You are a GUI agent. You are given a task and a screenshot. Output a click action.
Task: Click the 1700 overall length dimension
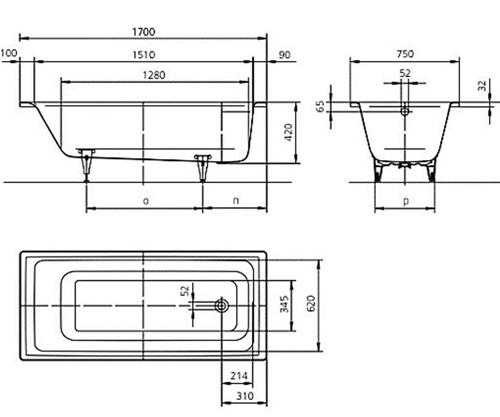[x=144, y=32]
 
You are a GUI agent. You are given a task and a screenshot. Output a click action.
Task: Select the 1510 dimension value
[x=144, y=55]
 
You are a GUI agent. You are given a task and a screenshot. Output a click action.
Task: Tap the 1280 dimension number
[x=154, y=75]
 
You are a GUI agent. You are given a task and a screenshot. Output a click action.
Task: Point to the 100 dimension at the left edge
[x=9, y=53]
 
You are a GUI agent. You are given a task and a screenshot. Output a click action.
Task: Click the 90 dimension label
[x=285, y=55]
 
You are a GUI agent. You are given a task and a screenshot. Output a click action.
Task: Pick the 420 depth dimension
[x=289, y=132]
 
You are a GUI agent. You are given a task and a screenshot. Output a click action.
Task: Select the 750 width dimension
[x=405, y=54]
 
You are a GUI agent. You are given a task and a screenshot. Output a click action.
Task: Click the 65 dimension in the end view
[x=320, y=106]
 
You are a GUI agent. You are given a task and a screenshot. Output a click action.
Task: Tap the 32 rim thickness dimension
[x=482, y=86]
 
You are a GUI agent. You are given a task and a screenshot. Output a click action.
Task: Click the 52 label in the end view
[x=405, y=73]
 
